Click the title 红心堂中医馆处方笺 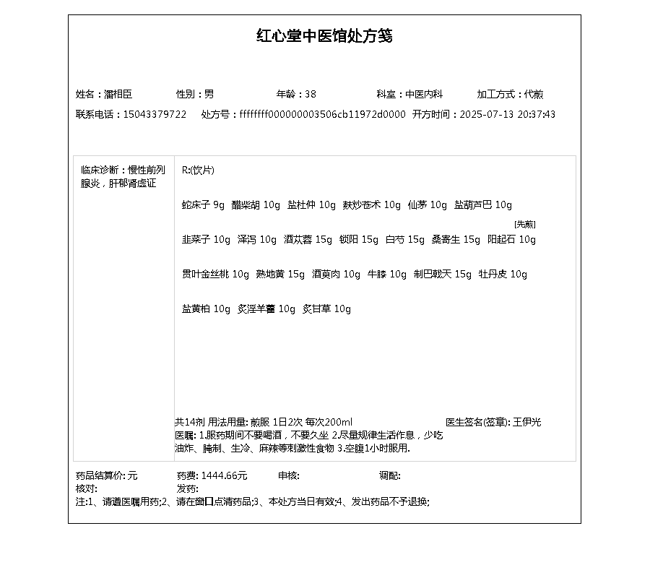324,36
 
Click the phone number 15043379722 155,114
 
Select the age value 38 311,94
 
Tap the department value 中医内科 424,94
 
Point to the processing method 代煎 534,94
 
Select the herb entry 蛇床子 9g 203,205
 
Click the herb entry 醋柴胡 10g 256,205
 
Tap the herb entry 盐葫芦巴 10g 483,205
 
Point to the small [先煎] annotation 525,224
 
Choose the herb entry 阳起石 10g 512,240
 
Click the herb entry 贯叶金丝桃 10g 215,275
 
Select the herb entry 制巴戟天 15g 443,275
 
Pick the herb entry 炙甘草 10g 326,309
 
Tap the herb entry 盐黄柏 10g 206,309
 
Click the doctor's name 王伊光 527,422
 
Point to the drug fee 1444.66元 224,475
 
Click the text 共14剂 190,422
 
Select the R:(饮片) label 198,171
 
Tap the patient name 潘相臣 118,94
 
